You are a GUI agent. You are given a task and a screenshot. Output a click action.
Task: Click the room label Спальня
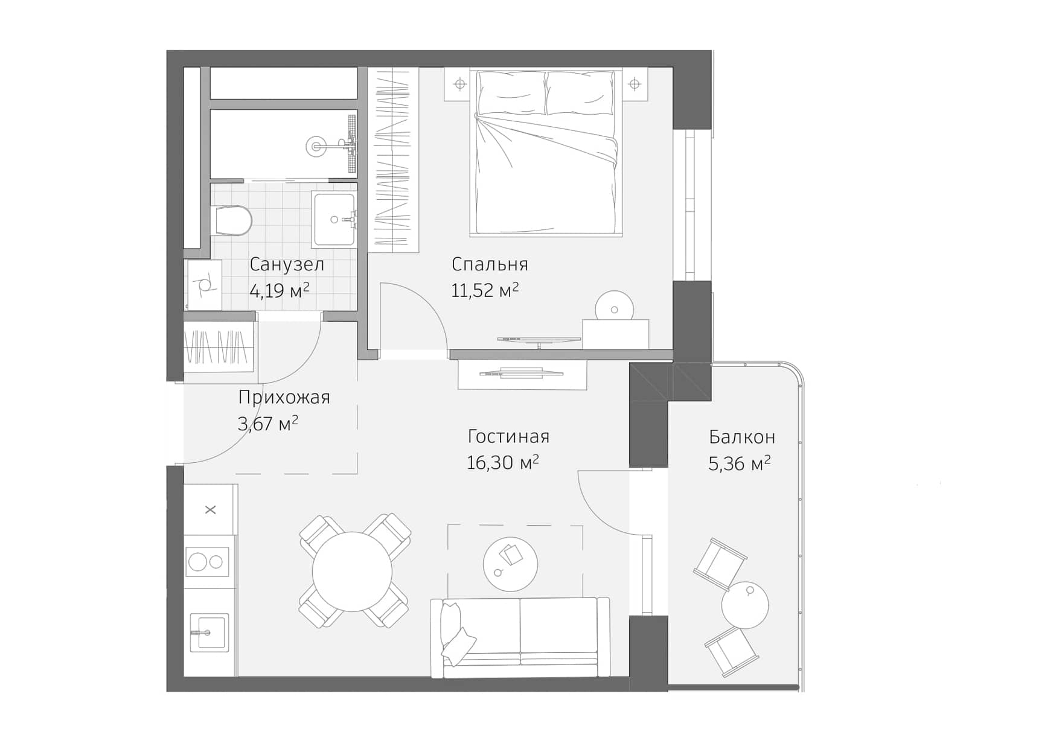click(490, 264)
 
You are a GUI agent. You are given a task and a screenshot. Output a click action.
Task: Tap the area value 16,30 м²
click(502, 463)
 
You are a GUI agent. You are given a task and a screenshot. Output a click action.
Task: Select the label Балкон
click(741, 436)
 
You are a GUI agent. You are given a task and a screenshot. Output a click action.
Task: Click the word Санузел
click(287, 264)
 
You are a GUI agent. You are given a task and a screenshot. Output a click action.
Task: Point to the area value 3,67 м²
click(268, 424)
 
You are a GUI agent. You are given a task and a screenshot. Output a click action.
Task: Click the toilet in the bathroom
click(232, 220)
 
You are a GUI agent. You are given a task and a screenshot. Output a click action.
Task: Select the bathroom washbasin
click(334, 220)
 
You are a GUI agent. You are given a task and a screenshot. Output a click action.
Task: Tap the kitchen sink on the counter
click(209, 633)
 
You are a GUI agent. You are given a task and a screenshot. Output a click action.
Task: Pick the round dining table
click(352, 571)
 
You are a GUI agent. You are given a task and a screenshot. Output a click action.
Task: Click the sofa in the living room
click(520, 639)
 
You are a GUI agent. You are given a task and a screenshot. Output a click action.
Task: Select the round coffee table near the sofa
click(510, 564)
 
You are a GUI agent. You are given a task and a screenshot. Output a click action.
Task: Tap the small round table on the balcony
click(745, 605)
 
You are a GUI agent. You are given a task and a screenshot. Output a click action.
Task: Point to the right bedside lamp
click(635, 84)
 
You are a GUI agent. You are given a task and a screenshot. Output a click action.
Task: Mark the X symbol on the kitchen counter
click(210, 510)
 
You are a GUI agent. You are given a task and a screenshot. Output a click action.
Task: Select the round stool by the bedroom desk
click(614, 308)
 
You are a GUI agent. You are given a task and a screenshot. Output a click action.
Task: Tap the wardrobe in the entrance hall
click(218, 349)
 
